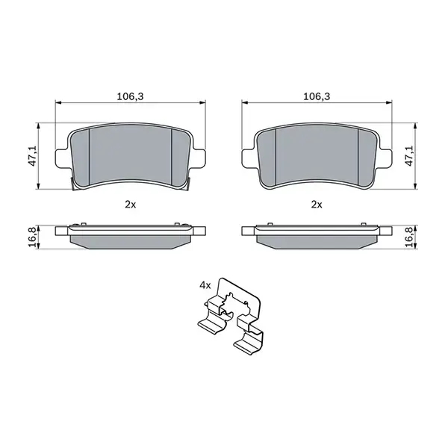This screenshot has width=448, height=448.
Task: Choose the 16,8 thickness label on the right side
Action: point(409,234)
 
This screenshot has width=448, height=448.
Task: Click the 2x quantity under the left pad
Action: point(131,204)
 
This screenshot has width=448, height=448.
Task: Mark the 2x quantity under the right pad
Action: point(317,204)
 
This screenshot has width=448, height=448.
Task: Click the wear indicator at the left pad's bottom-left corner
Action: point(71,184)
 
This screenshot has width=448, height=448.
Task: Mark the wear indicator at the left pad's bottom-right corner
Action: point(191,184)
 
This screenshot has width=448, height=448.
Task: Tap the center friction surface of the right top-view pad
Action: point(317,155)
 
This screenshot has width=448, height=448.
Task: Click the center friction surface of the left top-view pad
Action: point(131,155)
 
